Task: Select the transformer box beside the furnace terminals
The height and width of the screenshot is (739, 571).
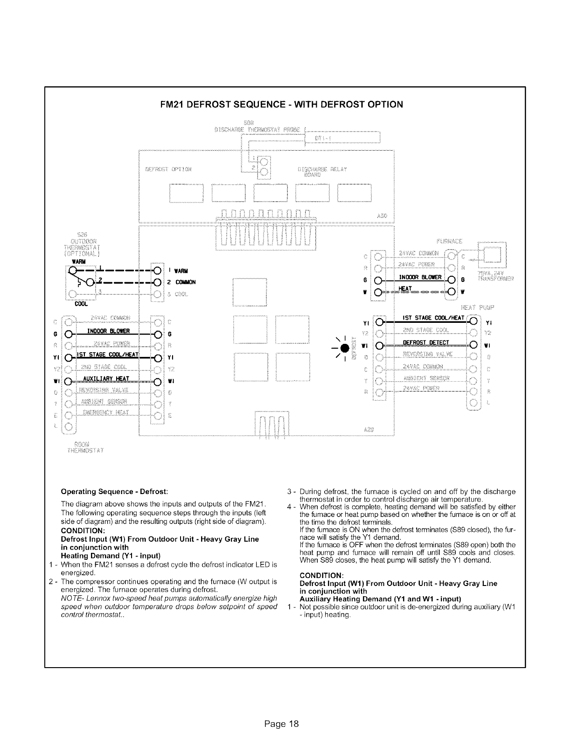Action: point(492,255)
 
